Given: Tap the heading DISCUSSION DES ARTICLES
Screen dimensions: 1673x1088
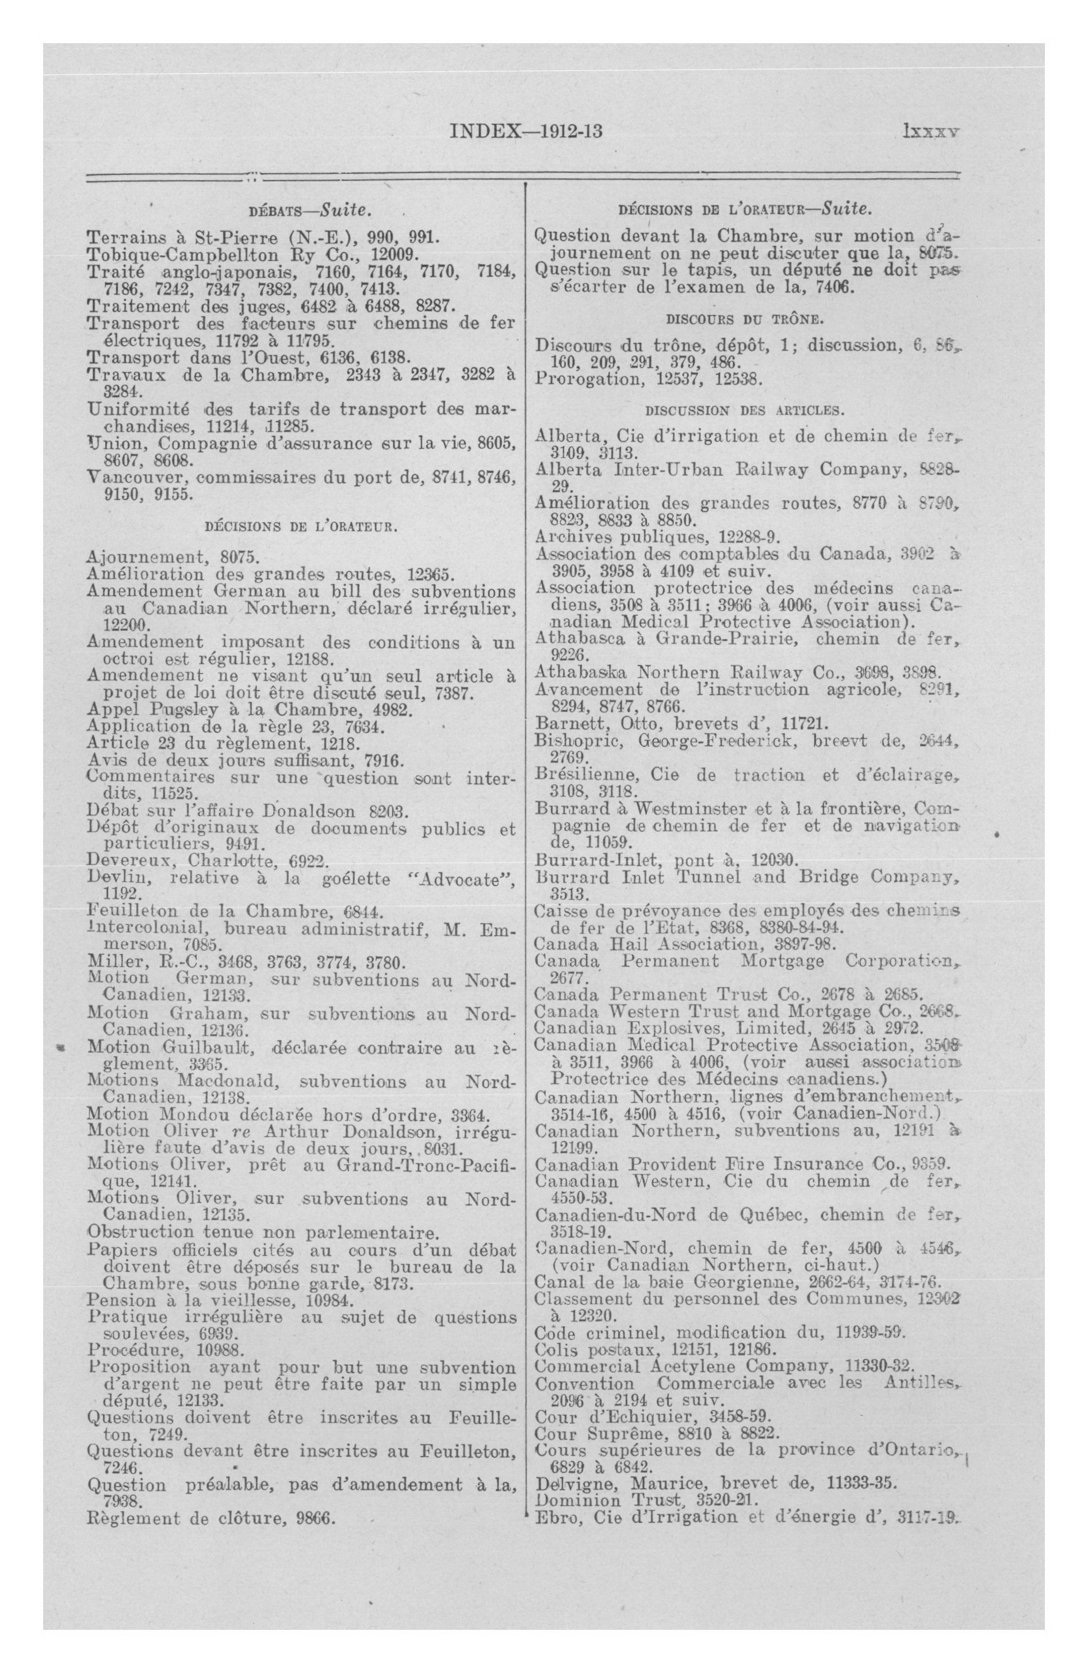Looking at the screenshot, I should point(745,409).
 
